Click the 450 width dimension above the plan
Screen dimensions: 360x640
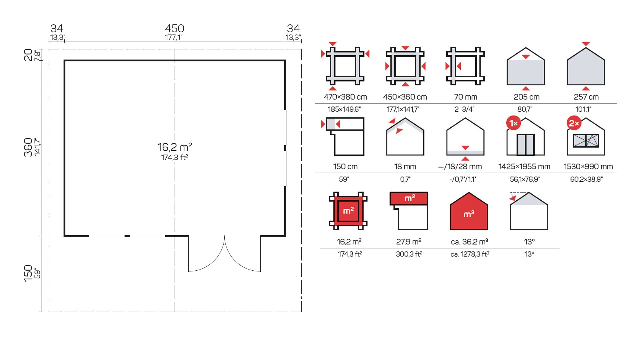174,29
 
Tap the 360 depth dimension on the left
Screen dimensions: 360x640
28,147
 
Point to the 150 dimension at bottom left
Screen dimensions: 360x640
28,273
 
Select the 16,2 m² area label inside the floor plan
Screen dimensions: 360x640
174,147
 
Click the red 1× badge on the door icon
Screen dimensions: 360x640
513,123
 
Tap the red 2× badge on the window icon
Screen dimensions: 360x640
574,123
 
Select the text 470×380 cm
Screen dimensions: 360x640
345,97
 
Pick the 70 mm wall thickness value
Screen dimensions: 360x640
465,97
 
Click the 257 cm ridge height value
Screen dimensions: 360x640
586,97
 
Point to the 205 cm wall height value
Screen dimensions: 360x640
526,97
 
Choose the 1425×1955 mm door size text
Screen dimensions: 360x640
524,167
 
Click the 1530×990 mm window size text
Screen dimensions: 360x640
588,167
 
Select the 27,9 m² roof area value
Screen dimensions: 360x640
409,242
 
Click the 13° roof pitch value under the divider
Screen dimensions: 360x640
529,254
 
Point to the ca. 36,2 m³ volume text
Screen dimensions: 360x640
469,242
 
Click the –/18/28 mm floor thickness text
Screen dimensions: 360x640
460,167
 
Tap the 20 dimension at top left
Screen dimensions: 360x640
28,55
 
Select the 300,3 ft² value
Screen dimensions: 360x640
409,254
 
